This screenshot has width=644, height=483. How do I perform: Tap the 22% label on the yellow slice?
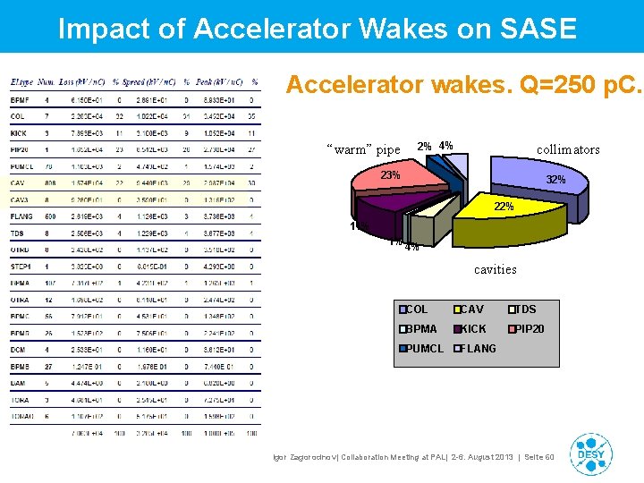504,207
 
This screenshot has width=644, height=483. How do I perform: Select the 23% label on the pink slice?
390,175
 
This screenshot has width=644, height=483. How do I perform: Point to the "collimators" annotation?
568,149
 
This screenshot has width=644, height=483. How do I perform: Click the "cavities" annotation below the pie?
495,269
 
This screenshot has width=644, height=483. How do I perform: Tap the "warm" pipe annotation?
363,149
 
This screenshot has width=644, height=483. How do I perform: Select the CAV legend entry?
472,309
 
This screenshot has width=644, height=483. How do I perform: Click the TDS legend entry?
525,309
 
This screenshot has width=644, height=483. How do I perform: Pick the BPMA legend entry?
420,329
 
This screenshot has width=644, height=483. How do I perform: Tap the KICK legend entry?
473,329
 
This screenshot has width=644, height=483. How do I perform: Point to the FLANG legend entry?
479,349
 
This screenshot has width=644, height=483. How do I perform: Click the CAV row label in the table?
19,182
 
